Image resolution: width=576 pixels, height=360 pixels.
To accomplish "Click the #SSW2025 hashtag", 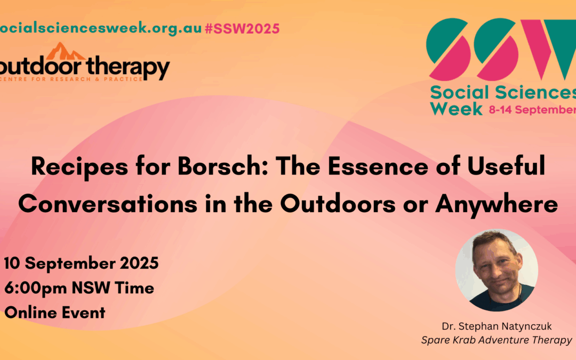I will click(x=242, y=29).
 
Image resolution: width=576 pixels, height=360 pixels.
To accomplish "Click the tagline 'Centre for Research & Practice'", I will click(x=71, y=79).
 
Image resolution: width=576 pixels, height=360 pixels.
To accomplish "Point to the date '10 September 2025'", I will click(x=81, y=263).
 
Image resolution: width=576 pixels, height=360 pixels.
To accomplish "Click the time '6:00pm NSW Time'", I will click(x=79, y=288).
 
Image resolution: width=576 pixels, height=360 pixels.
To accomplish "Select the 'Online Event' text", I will click(x=55, y=313).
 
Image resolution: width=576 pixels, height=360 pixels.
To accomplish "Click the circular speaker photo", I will click(x=497, y=270).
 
